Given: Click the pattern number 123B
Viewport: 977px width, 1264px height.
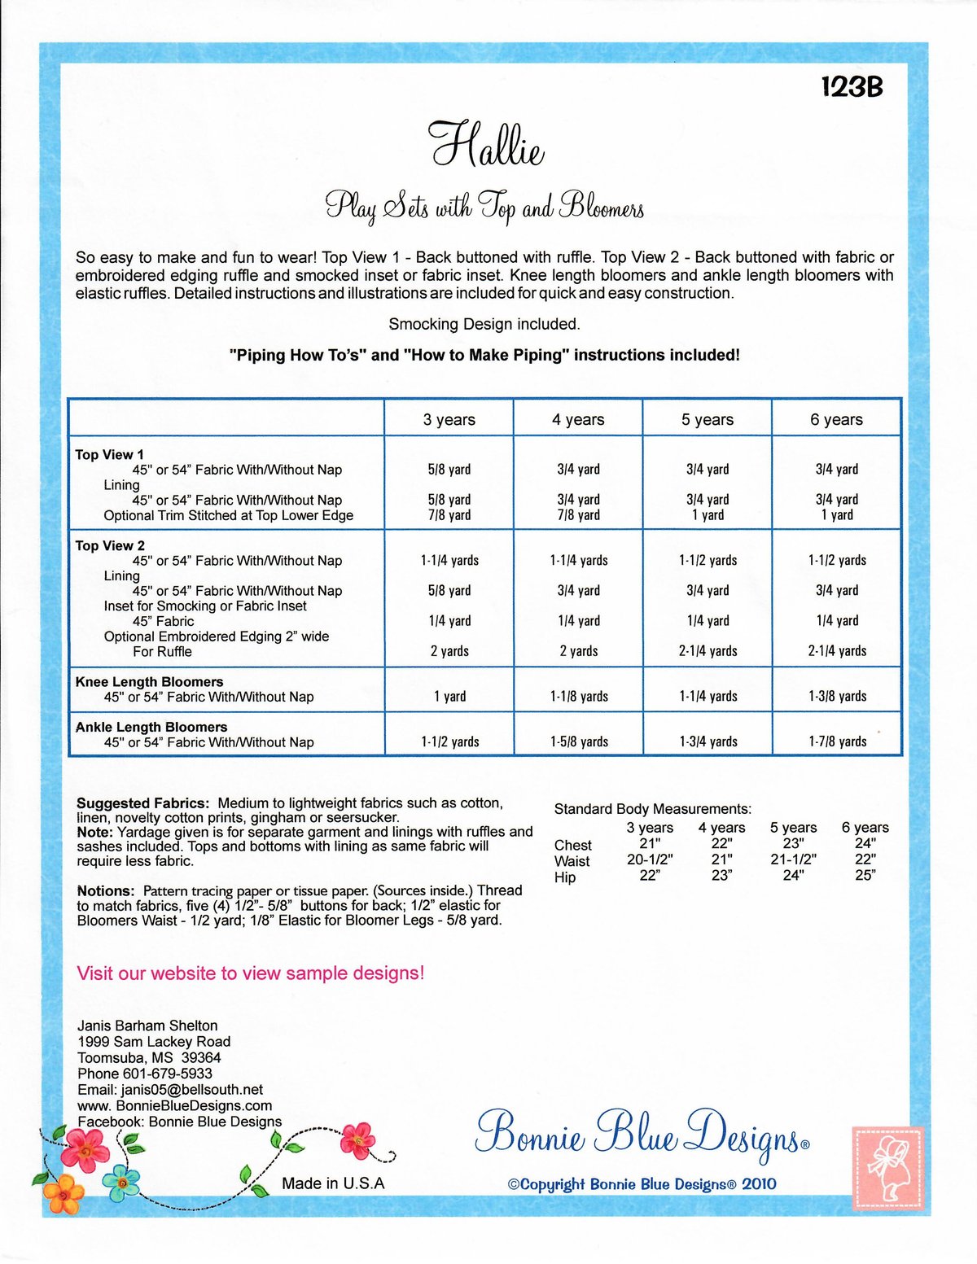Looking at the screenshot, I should [852, 87].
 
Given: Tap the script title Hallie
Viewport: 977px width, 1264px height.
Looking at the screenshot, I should [487, 146].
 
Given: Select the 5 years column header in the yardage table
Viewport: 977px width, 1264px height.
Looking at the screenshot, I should [707, 419].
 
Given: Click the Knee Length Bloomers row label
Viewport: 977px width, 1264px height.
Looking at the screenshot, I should [149, 682].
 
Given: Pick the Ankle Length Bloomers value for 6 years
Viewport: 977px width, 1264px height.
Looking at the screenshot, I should [837, 741].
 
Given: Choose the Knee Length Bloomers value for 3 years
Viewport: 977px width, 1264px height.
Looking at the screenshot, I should [449, 697].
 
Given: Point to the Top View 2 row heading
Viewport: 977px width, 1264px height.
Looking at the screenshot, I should [110, 545].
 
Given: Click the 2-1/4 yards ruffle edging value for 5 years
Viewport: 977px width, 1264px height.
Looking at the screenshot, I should [708, 651].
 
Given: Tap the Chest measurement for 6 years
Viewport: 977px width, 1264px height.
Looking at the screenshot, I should [865, 844].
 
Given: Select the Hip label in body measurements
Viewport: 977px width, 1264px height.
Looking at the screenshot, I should [565, 877].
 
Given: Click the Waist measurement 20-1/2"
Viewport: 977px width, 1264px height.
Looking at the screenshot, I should [650, 859].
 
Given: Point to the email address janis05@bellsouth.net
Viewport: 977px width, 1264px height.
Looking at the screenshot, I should [192, 1090].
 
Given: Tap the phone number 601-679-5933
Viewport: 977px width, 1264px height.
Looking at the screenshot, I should [167, 1074].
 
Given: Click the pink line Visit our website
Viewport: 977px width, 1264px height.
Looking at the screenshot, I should [250, 973].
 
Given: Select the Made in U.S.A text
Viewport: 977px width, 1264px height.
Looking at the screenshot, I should [333, 1183].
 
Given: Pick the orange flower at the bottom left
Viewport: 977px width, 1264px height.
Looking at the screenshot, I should [64, 1193].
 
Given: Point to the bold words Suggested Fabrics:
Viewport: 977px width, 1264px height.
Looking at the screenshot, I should [142, 803].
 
